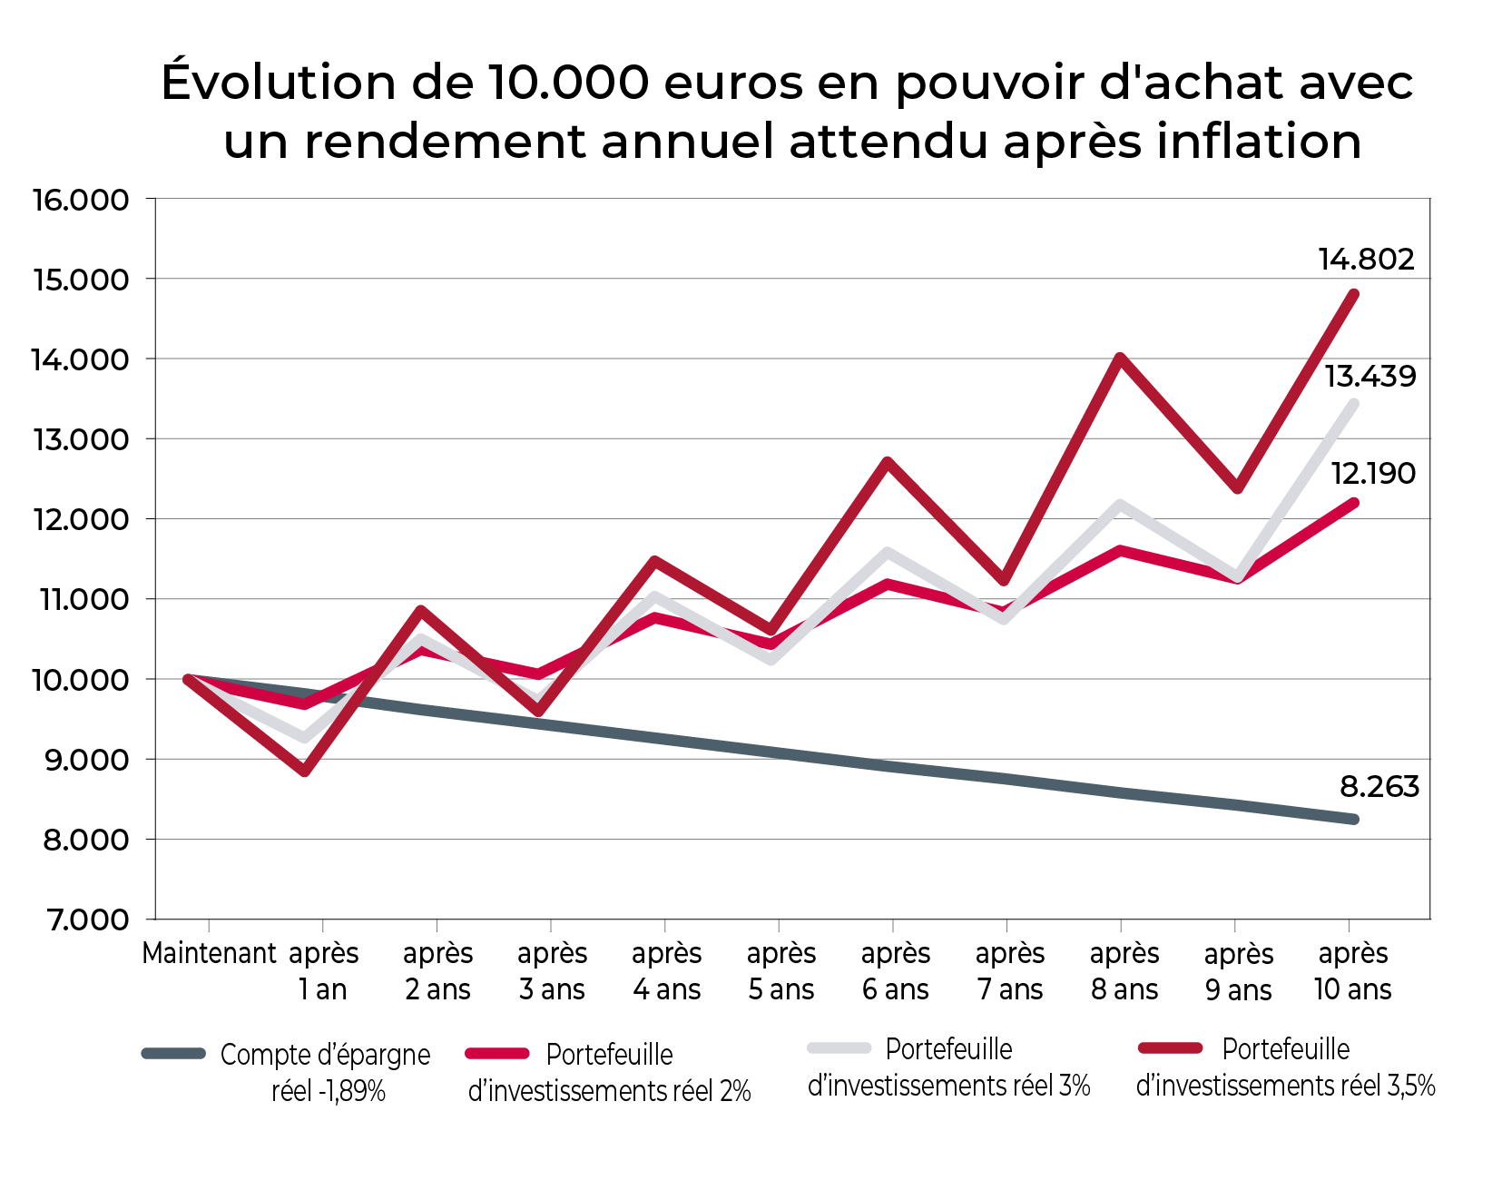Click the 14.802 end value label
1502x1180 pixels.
(x=1366, y=260)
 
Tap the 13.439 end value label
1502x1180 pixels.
(x=1369, y=376)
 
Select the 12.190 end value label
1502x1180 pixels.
(x=1372, y=473)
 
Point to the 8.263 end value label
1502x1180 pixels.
(x=1379, y=786)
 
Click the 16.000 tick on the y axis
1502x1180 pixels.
(x=81, y=200)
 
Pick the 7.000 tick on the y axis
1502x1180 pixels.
(x=88, y=919)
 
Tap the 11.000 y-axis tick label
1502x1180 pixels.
(x=81, y=600)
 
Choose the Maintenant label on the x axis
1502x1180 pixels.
(x=209, y=954)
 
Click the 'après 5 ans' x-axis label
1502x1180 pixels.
(x=780, y=971)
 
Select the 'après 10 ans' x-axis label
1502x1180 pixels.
(x=1352, y=971)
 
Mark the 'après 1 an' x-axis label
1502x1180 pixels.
(x=323, y=971)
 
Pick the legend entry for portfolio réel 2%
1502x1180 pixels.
(x=609, y=1072)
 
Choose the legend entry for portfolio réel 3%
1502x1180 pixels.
(x=948, y=1067)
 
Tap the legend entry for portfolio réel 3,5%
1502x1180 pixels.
(x=1285, y=1067)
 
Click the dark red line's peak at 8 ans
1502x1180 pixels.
(x=1121, y=358)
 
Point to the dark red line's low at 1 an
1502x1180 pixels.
(x=305, y=772)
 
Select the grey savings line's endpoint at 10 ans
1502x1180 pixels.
(x=1353, y=819)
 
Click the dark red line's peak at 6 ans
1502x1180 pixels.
(x=888, y=462)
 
